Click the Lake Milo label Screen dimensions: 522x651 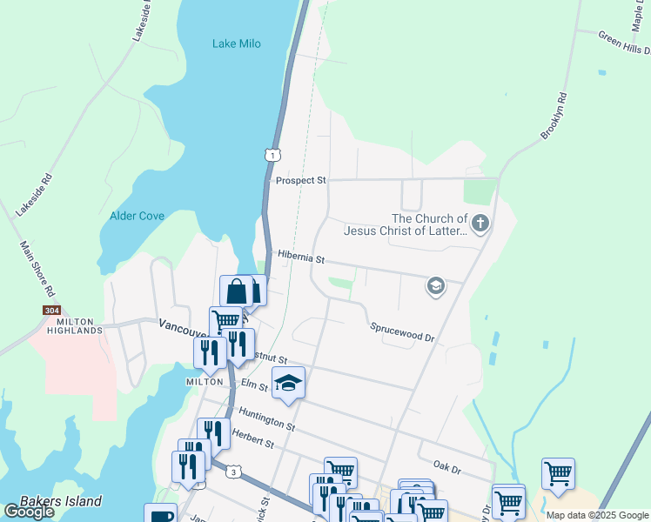[x=237, y=44]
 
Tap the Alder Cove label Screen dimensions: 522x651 [x=138, y=216]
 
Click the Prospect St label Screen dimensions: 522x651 [x=300, y=181]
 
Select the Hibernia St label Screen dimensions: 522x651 [x=300, y=258]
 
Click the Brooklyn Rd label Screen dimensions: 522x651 [x=554, y=116]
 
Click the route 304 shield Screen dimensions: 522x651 [x=51, y=310]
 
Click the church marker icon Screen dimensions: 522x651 [x=480, y=224]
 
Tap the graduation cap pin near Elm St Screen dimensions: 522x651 [x=288, y=383]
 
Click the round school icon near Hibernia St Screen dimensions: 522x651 [x=435, y=285]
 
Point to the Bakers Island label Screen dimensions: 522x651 [x=61, y=501]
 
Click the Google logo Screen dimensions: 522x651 [x=29, y=512]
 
